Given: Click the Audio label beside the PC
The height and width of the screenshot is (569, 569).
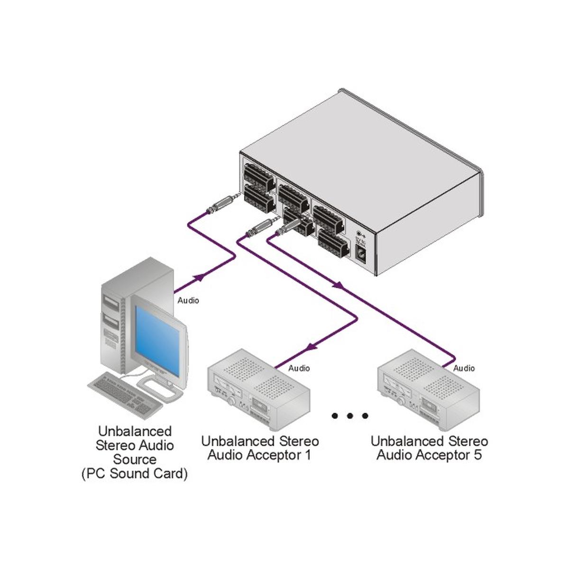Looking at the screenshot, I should click(188, 301).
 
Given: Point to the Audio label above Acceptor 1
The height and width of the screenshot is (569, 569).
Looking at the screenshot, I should click(299, 368).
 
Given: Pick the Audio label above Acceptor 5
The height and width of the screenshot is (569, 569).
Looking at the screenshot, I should click(464, 368).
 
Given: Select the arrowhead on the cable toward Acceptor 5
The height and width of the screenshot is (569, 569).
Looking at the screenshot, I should click(338, 285).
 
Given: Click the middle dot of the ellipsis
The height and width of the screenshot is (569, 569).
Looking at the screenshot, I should click(350, 416).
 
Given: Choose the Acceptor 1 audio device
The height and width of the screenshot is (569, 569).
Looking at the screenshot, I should click(258, 389).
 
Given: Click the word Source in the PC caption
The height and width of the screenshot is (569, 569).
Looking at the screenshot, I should click(135, 459).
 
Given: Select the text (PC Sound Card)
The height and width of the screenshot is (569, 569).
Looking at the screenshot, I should click(135, 474).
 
